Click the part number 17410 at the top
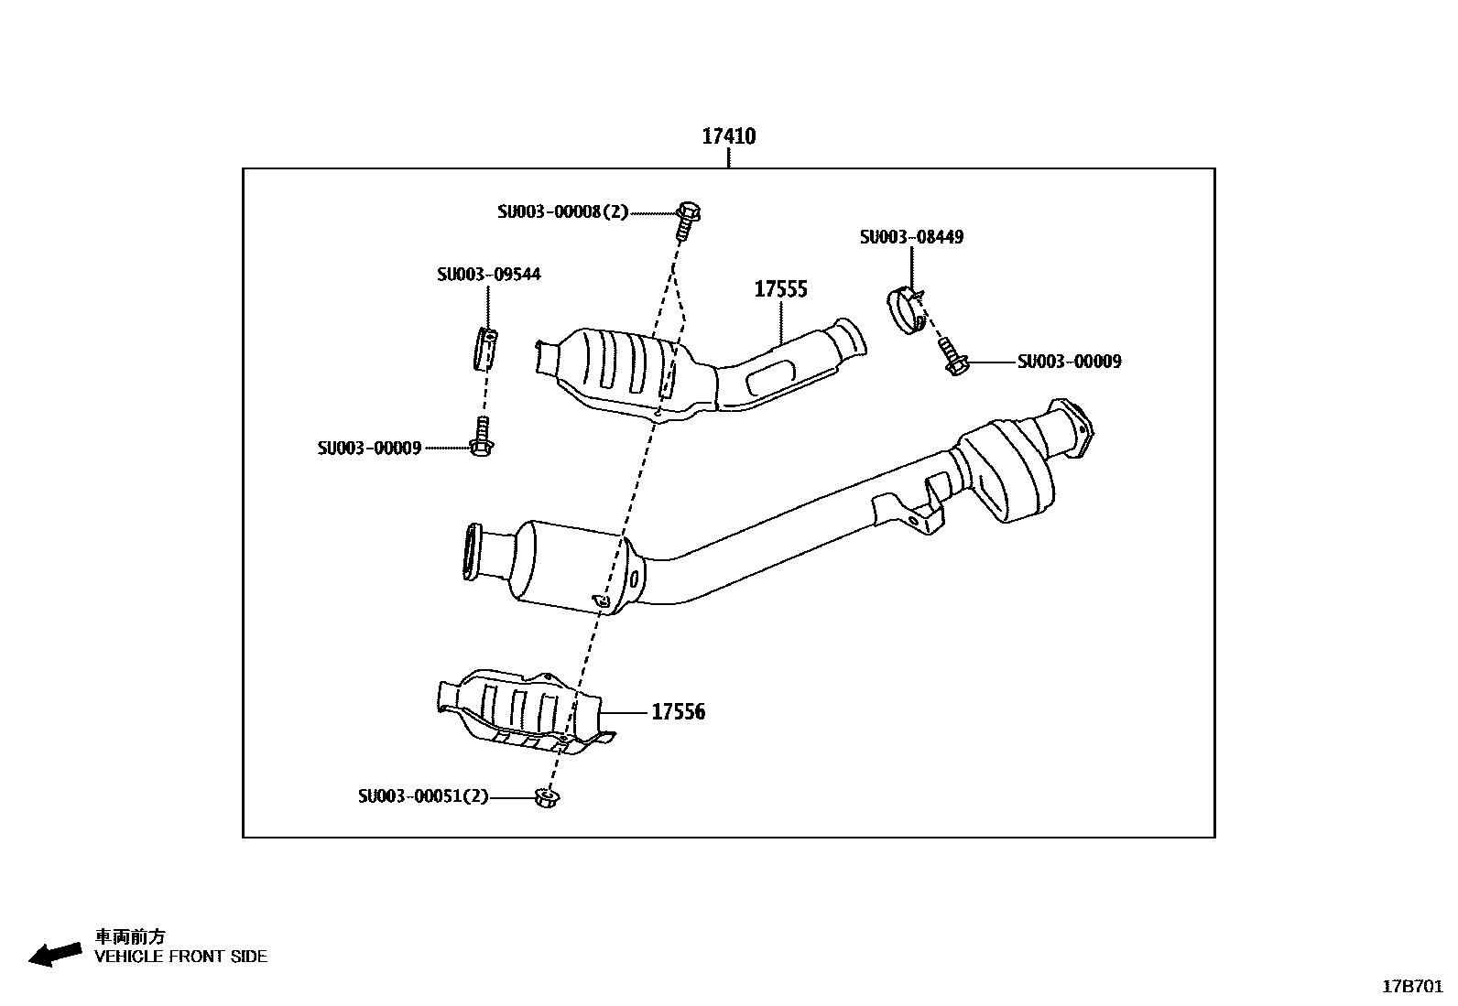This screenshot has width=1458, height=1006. click(728, 137)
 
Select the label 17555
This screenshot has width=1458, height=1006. click(780, 290)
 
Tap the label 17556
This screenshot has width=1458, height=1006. click(678, 712)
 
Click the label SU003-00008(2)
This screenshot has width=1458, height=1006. click(563, 212)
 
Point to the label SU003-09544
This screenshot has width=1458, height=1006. click(488, 275)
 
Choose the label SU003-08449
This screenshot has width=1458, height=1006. click(911, 237)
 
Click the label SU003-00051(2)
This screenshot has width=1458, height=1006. click(423, 797)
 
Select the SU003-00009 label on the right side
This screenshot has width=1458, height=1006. click(1069, 362)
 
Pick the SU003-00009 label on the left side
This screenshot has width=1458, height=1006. click(369, 449)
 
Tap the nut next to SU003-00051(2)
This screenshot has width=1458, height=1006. click(548, 798)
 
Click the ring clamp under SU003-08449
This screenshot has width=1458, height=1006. click(906, 311)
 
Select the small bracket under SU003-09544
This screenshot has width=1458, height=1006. click(486, 349)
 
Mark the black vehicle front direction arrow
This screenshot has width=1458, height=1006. click(54, 953)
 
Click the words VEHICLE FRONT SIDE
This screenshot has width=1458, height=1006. click(181, 957)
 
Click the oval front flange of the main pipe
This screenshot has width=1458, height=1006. click(472, 552)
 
